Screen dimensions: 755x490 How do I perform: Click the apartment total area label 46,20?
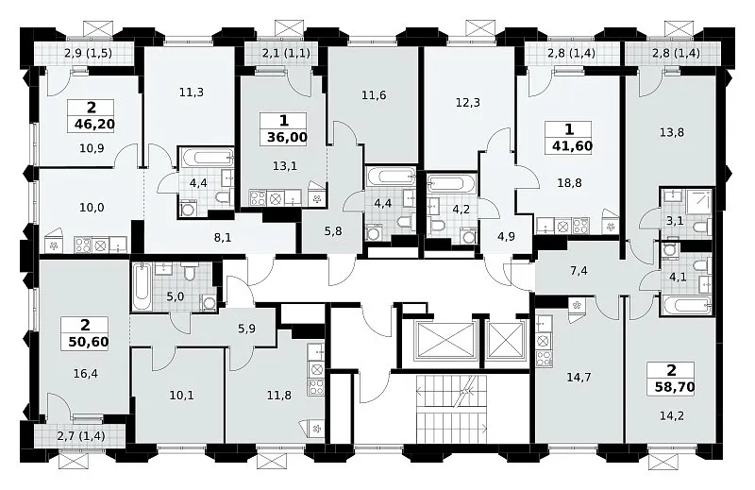(x=95, y=125)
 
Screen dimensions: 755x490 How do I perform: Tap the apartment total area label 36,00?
(x=287, y=137)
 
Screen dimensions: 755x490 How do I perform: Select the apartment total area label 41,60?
(x=573, y=145)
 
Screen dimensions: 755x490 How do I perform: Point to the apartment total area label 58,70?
(x=675, y=386)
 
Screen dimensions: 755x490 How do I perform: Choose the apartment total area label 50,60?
(x=89, y=342)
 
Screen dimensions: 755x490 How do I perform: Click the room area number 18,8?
(x=569, y=183)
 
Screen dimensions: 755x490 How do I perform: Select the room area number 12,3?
(x=467, y=103)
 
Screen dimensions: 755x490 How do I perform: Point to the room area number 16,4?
(x=86, y=373)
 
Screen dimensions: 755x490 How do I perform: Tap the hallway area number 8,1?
(x=223, y=237)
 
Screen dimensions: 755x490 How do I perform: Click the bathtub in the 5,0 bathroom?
(x=142, y=287)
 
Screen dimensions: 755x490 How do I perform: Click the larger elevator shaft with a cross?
(x=445, y=341)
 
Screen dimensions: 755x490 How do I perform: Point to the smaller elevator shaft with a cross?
(x=506, y=341)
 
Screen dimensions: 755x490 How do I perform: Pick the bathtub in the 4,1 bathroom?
(x=687, y=305)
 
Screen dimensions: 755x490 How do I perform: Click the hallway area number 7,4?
(x=579, y=271)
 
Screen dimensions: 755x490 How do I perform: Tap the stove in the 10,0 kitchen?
(x=83, y=245)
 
